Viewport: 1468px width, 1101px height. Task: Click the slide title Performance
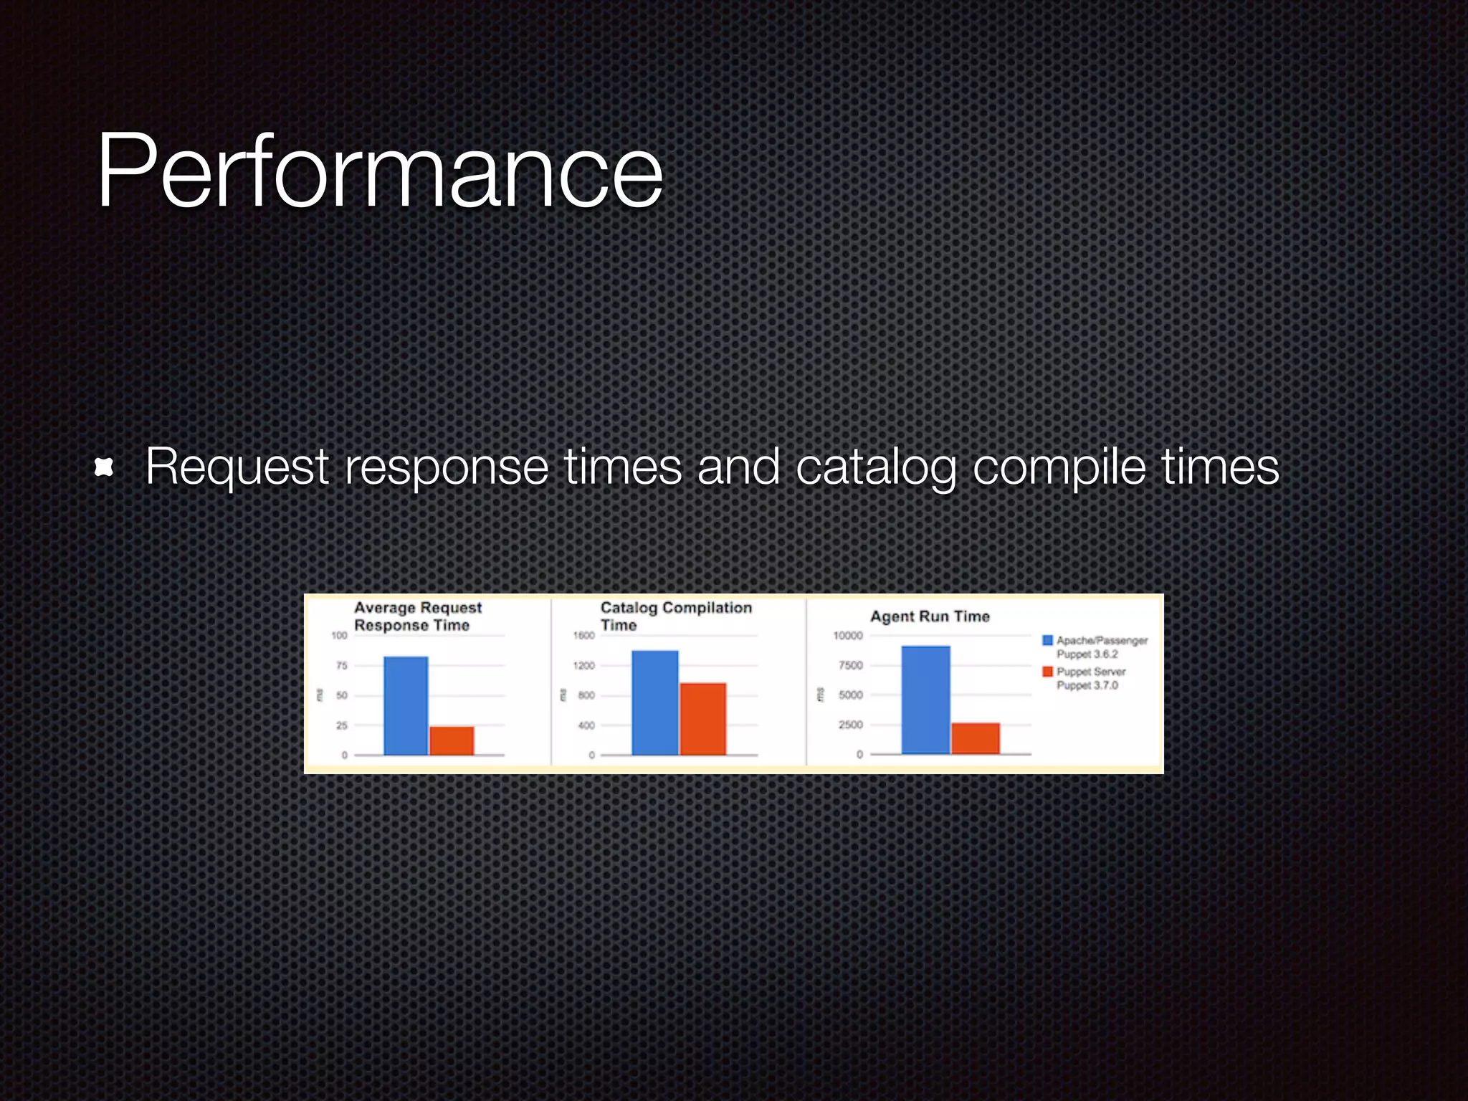point(380,172)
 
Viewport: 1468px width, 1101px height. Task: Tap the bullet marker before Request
point(105,468)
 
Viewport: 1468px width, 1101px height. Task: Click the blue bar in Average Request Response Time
point(406,705)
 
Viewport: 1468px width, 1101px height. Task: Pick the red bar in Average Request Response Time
point(452,740)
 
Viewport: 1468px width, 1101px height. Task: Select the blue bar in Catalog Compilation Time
point(654,702)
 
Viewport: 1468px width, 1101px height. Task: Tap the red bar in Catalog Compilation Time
point(702,719)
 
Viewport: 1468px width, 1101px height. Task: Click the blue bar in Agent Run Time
point(925,700)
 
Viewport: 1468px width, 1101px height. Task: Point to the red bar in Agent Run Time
point(975,738)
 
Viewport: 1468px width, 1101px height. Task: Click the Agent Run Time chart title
point(930,616)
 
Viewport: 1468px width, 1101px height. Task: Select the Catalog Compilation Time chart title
point(675,616)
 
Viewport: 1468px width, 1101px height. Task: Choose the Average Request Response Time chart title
point(417,616)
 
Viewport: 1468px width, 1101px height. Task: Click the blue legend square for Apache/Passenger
point(1047,640)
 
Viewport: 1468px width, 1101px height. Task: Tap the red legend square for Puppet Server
point(1047,672)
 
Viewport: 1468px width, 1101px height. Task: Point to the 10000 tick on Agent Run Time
point(848,636)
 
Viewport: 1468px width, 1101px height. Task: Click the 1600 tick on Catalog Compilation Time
point(583,636)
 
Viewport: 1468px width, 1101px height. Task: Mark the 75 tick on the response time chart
point(342,666)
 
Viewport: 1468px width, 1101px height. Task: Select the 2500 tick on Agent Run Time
point(851,725)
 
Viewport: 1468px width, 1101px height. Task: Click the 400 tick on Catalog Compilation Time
point(586,725)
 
